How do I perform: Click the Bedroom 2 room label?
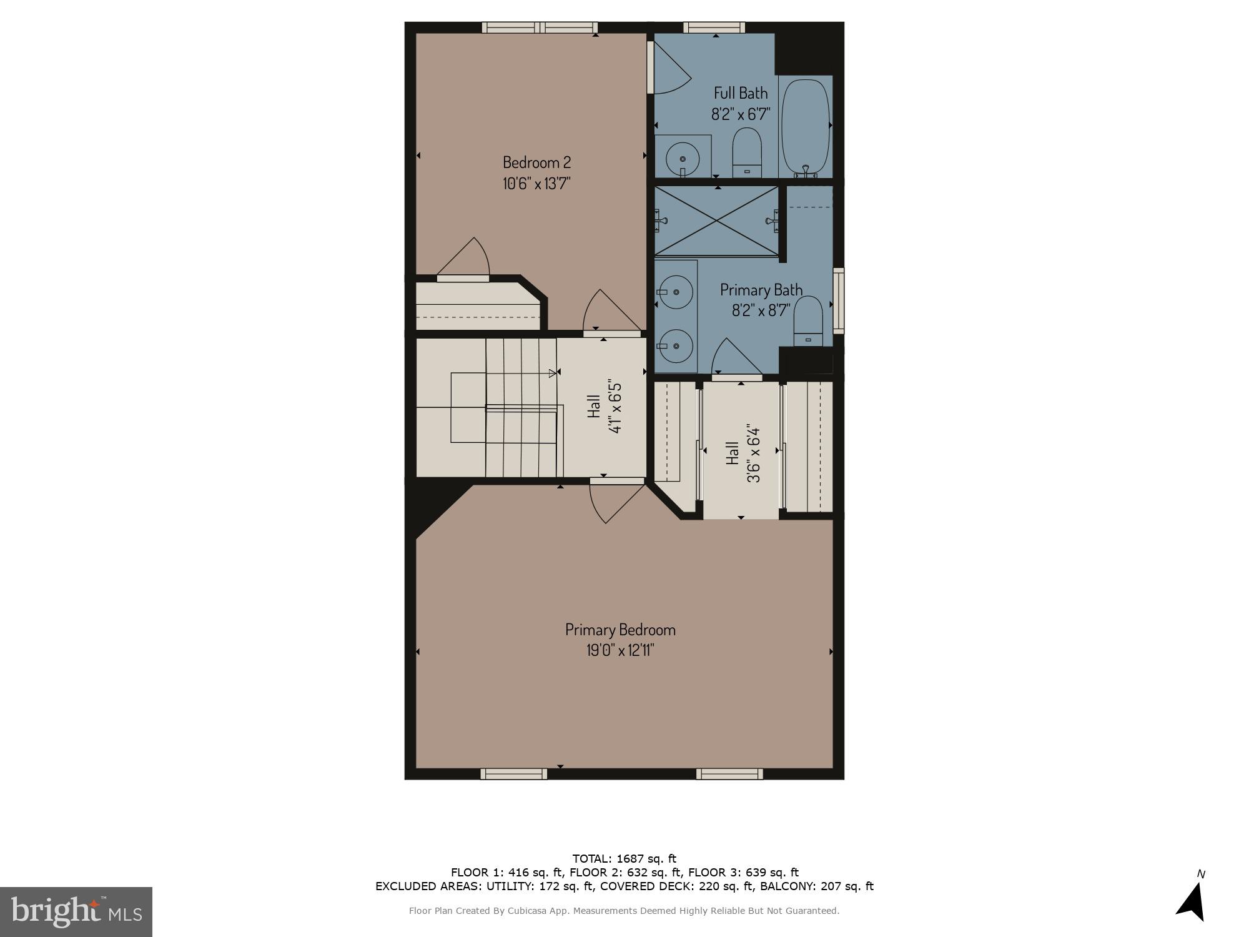536,162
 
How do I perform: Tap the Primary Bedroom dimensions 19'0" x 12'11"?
620,650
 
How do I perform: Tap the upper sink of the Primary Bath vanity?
676,292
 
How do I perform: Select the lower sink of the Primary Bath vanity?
676,345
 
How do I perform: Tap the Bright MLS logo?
76,912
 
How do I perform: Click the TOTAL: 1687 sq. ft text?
624,858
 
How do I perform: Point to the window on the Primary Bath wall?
839,300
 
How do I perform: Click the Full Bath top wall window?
714,27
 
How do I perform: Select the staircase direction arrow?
552,374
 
